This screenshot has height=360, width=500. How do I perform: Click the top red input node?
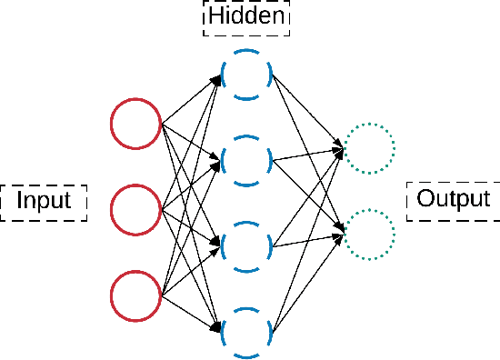[135, 125]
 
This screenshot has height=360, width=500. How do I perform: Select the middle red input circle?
[135, 210]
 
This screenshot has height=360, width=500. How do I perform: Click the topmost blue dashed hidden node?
[245, 74]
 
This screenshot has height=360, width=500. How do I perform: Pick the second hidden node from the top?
[245, 160]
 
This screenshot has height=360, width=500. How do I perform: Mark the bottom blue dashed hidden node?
[245, 333]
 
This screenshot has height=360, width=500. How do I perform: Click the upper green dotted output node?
[369, 147]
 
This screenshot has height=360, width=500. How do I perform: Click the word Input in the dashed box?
[44, 201]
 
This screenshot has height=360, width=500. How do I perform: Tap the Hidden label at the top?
[245, 16]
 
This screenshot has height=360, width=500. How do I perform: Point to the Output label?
[453, 199]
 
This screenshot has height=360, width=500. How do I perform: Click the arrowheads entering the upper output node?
[340, 145]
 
